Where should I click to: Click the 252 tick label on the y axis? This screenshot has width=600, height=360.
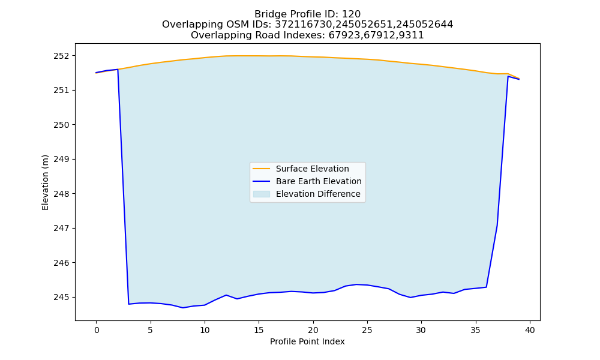[x=61, y=56]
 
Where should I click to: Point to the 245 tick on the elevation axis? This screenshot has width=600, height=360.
[x=61, y=297]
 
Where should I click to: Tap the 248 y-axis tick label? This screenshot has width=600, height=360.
[x=61, y=194]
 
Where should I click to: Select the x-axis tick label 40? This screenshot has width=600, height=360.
[x=530, y=330]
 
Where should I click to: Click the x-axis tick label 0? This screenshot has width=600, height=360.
[x=97, y=330]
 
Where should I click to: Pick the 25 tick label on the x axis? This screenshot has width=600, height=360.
[x=367, y=330]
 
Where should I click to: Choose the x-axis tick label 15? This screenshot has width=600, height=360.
[x=259, y=330]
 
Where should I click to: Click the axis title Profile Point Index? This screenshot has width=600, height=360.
[x=307, y=341]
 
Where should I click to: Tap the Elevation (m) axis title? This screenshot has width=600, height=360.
[x=45, y=182]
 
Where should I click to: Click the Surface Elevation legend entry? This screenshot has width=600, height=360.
[x=312, y=169]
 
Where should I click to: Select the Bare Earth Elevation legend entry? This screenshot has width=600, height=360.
[x=319, y=181]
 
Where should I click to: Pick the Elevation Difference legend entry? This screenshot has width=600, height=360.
[x=318, y=194]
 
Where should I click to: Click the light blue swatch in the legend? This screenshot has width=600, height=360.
[x=262, y=194]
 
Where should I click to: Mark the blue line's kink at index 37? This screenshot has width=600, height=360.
[x=497, y=225]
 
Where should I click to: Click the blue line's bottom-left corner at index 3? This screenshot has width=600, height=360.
[x=128, y=304]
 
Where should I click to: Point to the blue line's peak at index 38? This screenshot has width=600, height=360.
[x=508, y=77]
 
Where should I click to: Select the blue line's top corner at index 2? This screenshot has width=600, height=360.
[x=118, y=70]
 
